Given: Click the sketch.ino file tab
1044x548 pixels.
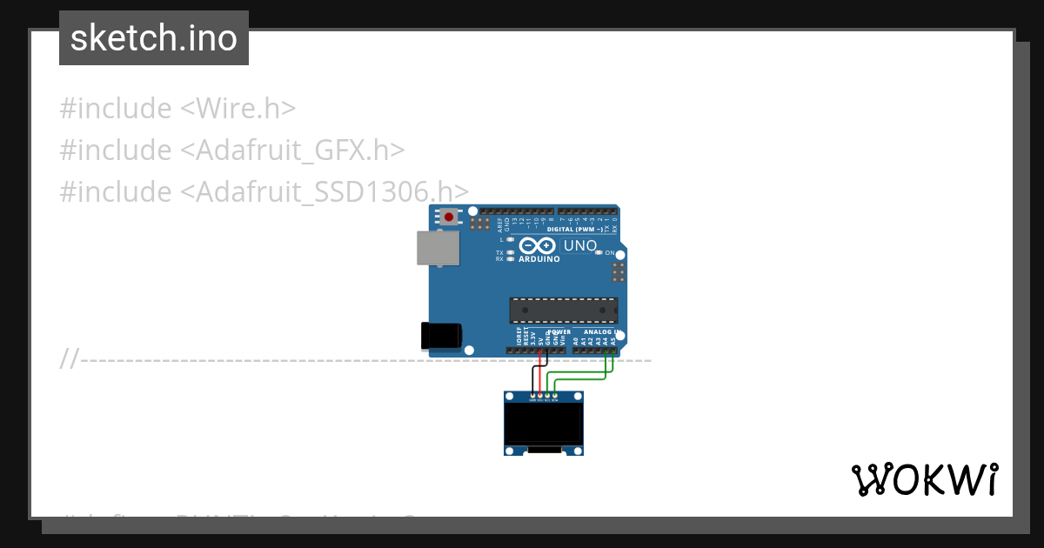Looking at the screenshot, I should [x=154, y=38].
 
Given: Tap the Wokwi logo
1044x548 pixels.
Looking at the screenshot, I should [x=924, y=479].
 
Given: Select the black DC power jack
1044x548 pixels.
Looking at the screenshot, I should [x=442, y=336].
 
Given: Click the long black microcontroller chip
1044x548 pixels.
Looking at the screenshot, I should [x=563, y=311].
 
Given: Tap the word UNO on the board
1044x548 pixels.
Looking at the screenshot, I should [x=580, y=245].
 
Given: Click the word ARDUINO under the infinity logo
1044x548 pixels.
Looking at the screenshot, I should [x=539, y=259].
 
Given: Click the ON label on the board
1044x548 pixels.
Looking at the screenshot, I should [x=609, y=253].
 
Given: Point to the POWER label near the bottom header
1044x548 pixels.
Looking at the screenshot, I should [x=559, y=331].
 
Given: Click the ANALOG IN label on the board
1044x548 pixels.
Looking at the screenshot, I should [x=600, y=331].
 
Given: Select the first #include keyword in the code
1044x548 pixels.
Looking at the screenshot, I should [x=116, y=109].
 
